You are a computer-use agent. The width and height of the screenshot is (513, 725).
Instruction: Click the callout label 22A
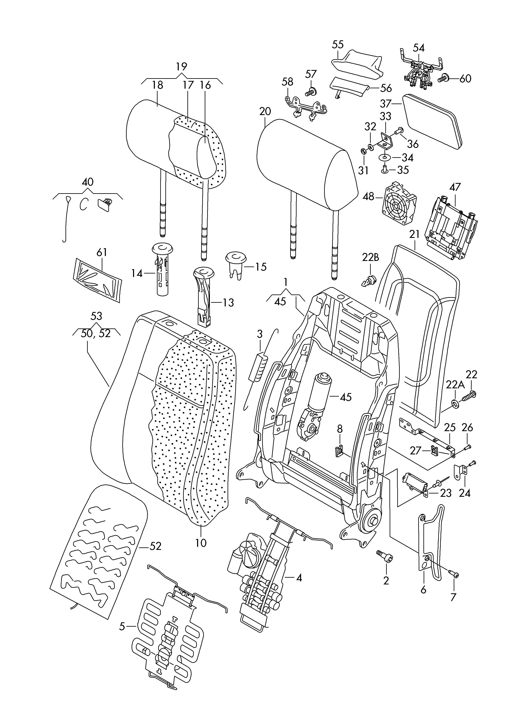(x=455, y=385)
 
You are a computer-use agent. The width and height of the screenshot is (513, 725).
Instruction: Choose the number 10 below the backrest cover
(x=201, y=543)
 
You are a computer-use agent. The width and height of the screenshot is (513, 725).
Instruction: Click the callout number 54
(x=419, y=48)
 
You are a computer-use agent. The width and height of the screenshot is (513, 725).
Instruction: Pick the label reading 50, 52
(x=96, y=333)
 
